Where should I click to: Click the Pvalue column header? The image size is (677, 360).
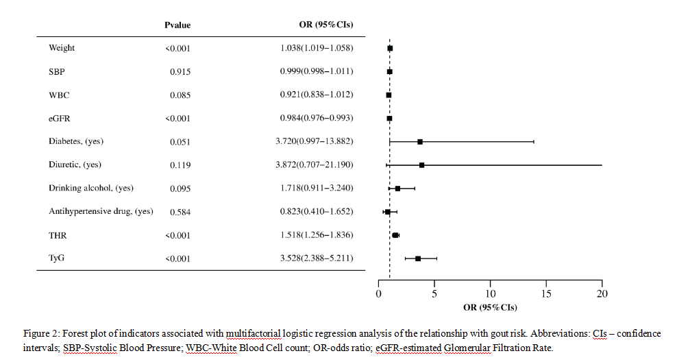tap(177, 25)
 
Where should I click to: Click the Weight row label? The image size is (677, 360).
tap(62, 48)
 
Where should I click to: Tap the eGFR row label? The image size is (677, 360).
tap(60, 118)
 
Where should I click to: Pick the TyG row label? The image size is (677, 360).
tap(57, 259)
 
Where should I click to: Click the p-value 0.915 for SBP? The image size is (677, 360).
tap(180, 71)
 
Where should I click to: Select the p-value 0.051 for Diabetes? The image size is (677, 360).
tap(180, 141)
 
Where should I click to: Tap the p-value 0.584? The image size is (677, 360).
tap(180, 212)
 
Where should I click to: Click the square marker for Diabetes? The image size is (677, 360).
tap(420, 141)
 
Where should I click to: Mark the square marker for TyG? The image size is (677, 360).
tap(418, 259)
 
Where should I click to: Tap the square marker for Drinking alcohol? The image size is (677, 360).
tap(397, 188)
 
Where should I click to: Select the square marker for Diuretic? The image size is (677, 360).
tap(421, 165)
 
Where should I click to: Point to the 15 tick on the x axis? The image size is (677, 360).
tap(546, 293)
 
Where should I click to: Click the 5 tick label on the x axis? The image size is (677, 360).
tap(434, 293)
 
